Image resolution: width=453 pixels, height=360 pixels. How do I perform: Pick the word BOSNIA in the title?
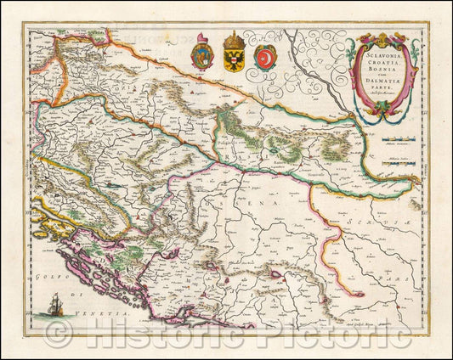pos(387,77)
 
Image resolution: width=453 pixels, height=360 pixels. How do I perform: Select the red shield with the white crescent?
pos(264,59)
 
